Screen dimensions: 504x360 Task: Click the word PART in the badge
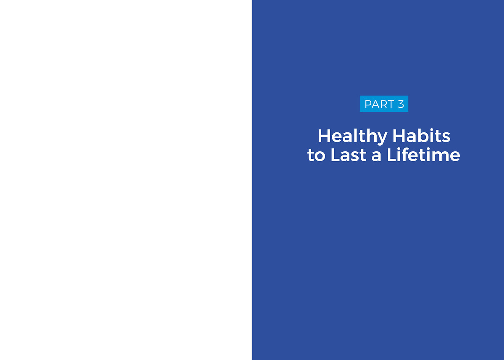click(379, 104)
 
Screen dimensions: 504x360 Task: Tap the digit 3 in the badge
click(401, 104)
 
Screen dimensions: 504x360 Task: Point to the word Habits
click(421, 136)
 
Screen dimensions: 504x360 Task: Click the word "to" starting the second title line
click(316, 155)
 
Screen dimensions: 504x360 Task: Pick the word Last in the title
click(348, 155)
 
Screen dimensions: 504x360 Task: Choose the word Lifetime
click(423, 155)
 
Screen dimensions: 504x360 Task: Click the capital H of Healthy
click(324, 136)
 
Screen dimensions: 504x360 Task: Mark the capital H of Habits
click(399, 136)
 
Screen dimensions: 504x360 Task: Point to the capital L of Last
click(335, 155)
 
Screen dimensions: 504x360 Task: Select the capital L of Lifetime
click(391, 155)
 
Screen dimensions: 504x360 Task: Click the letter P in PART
click(368, 104)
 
